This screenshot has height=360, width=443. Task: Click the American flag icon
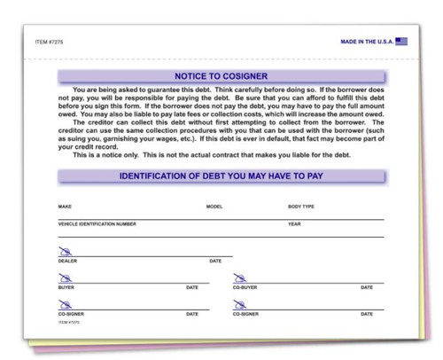[x=401, y=41]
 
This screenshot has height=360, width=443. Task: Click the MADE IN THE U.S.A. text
[x=367, y=42]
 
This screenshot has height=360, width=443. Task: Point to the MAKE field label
[x=65, y=207]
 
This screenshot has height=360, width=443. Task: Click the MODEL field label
[x=214, y=207]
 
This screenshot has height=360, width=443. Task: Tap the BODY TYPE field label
[x=302, y=207]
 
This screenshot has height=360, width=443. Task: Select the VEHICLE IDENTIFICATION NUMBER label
[x=97, y=224]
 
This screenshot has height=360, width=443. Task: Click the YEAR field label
[x=294, y=224]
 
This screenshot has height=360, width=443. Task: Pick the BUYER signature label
[x=66, y=287]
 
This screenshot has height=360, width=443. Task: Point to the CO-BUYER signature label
[x=245, y=287]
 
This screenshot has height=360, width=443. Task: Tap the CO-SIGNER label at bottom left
[x=70, y=314]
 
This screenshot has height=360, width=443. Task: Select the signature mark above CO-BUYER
[x=238, y=278]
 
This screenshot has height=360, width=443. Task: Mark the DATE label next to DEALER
[x=215, y=261]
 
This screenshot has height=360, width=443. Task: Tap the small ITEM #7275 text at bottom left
[x=67, y=322]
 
